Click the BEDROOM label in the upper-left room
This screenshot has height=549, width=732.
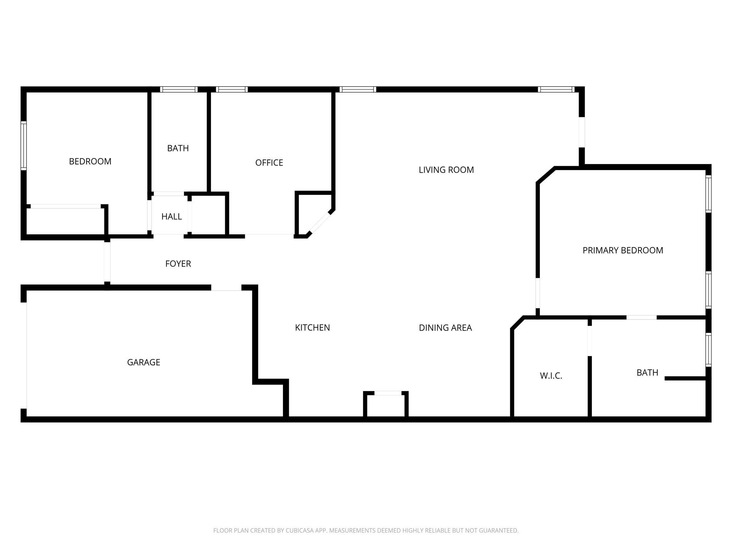pyautogui.click(x=90, y=162)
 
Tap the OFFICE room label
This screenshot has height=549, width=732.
pyautogui.click(x=269, y=163)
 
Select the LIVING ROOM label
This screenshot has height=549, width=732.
pyautogui.click(x=446, y=170)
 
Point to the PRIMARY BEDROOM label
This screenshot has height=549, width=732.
pyautogui.click(x=623, y=251)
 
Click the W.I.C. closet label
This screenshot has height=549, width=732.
pyautogui.click(x=551, y=376)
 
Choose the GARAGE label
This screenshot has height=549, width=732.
pyautogui.click(x=143, y=362)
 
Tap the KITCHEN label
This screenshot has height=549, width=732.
pyautogui.click(x=312, y=328)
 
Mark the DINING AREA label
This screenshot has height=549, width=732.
pyautogui.click(x=445, y=328)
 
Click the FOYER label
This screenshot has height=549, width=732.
pyautogui.click(x=178, y=264)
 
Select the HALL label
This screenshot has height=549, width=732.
pyautogui.click(x=172, y=217)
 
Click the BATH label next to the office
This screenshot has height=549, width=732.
pyautogui.click(x=178, y=148)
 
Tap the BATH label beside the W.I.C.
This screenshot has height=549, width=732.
pyautogui.click(x=647, y=373)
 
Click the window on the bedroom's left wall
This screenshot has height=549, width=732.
pyautogui.click(x=24, y=145)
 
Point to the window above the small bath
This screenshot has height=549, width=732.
pyautogui.click(x=179, y=89)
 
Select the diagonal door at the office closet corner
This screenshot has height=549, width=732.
pyautogui.click(x=320, y=223)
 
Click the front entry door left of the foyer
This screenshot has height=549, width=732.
pyautogui.click(x=107, y=262)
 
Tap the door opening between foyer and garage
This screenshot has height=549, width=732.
pyautogui.click(x=226, y=288)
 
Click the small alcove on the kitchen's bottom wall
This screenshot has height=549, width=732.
pyautogui.click(x=386, y=405)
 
